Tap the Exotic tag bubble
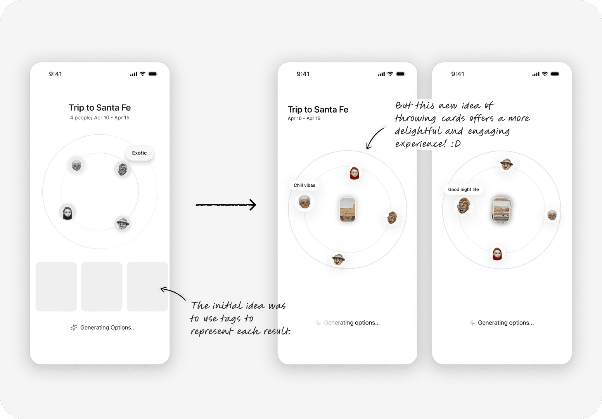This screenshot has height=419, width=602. (x=140, y=153)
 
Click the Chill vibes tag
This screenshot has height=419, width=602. (x=304, y=185)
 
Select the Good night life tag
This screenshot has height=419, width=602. (x=463, y=189)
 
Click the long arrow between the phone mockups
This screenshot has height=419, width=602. (x=226, y=205)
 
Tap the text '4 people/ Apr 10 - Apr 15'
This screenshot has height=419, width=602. (x=100, y=118)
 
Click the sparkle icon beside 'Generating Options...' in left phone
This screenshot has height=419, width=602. (x=74, y=328)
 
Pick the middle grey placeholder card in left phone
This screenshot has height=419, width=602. (x=102, y=287)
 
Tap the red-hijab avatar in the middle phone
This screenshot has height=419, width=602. (x=355, y=173)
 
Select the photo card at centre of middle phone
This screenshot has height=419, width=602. (x=348, y=209)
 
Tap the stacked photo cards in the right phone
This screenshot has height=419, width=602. (x=502, y=209)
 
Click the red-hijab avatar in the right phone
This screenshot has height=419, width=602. (x=497, y=254)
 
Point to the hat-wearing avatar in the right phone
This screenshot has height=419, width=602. (x=506, y=164)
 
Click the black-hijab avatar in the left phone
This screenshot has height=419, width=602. (x=67, y=212)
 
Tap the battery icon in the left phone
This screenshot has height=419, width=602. (x=153, y=74)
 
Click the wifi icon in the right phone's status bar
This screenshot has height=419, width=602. (x=545, y=74)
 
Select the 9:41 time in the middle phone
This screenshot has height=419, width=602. (x=303, y=74)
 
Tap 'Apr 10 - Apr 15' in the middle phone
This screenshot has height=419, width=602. (x=304, y=118)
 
